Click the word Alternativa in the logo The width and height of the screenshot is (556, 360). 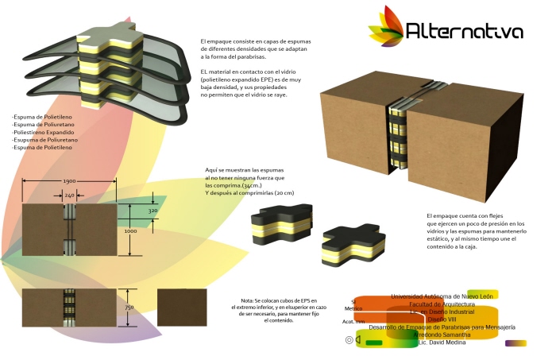tap(464, 31)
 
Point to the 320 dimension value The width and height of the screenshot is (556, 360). tap(153, 211)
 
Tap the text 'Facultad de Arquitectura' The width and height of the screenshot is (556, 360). tap(442, 304)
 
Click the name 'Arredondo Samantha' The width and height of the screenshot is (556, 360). tap(442, 335)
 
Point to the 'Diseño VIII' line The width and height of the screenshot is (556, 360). tap(442, 319)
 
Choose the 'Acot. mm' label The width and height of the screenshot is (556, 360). tap(353, 322)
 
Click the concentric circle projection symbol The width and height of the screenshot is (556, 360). tap(349, 339)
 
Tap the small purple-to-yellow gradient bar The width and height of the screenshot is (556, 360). tap(515, 343)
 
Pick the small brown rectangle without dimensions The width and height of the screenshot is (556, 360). tap(182, 306)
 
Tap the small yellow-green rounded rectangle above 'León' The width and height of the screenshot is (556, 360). tap(482, 294)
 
